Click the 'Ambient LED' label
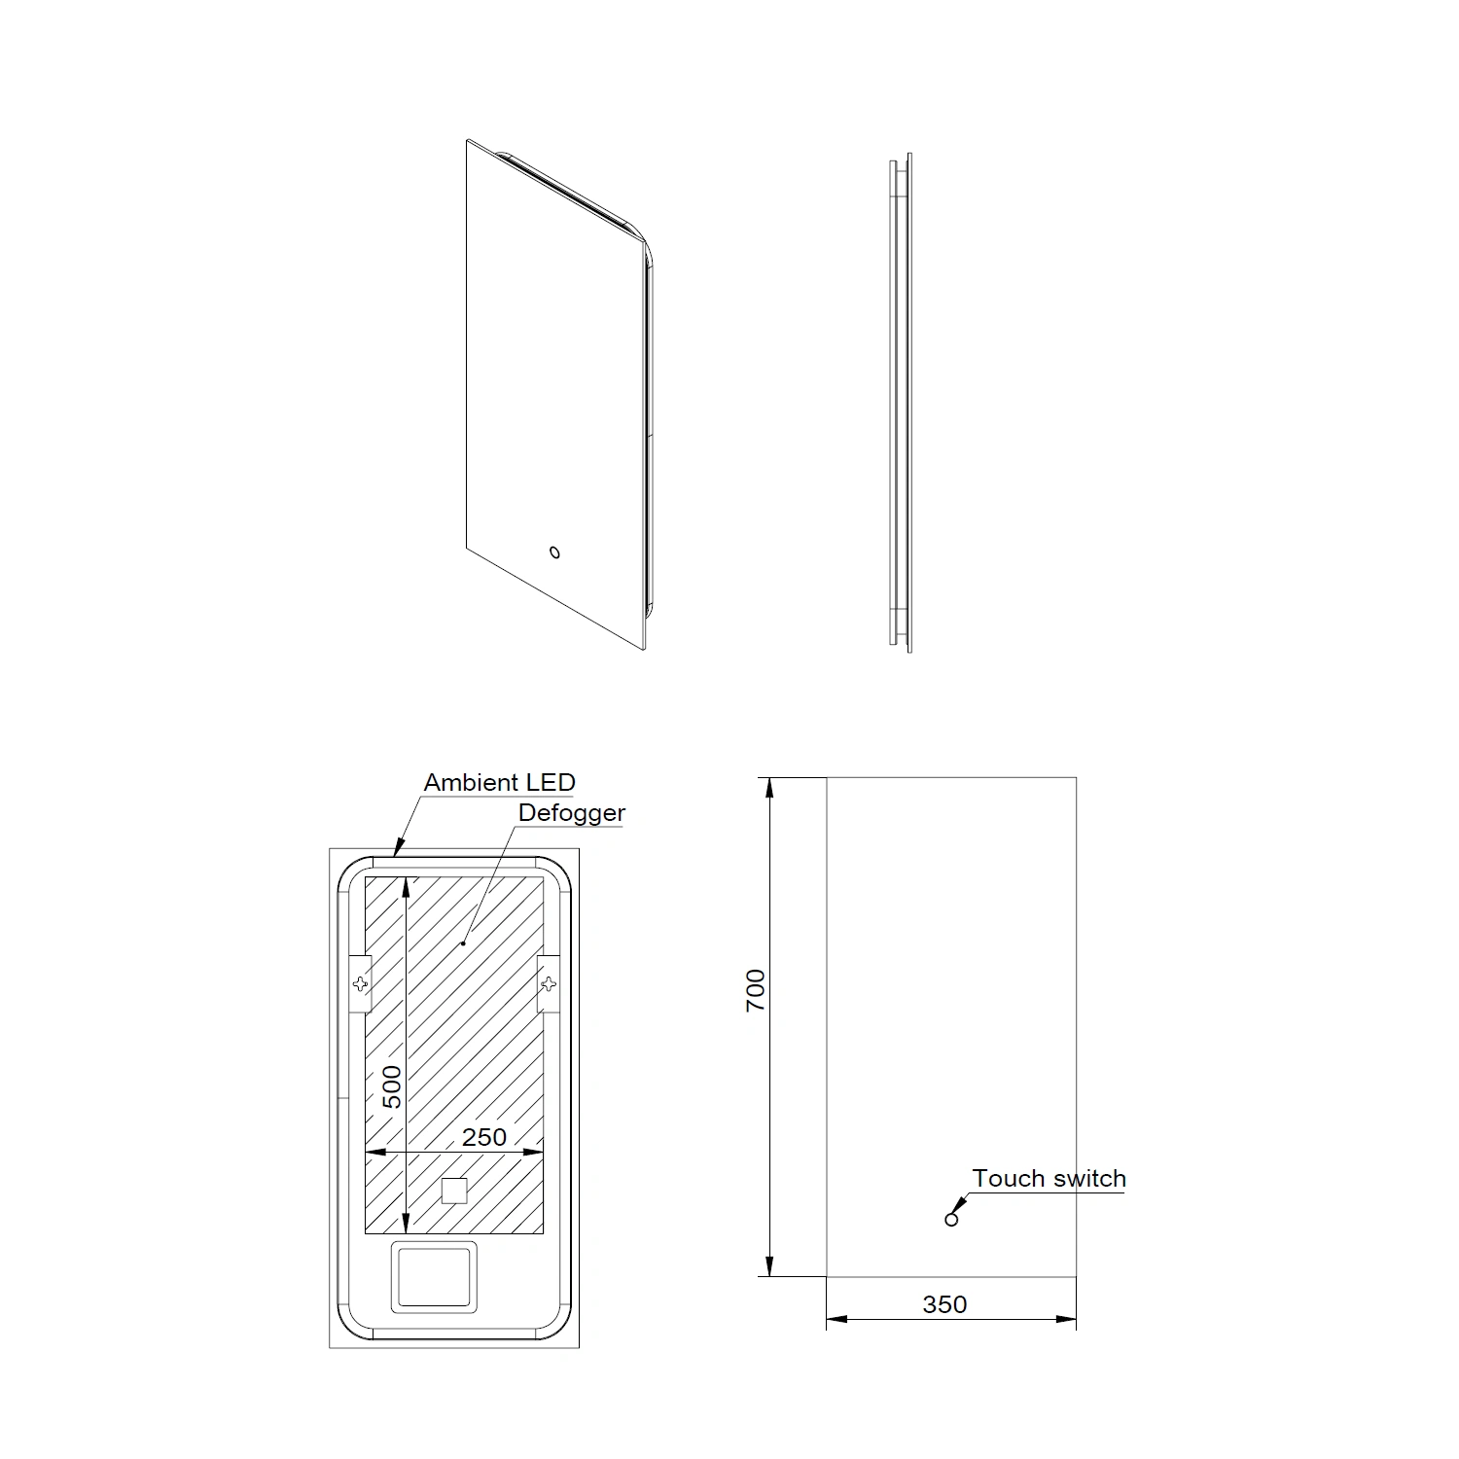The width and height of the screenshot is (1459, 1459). (499, 782)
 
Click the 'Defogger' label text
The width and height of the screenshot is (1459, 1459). (572, 813)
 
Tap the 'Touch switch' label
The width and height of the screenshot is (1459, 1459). (1049, 1179)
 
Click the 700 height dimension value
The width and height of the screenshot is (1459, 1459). (756, 990)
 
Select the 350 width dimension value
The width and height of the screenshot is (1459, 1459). (944, 1304)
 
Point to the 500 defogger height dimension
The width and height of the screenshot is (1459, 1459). (391, 1086)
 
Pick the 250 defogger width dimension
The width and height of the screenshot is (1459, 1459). (484, 1137)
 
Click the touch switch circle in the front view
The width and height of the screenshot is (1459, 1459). (951, 1220)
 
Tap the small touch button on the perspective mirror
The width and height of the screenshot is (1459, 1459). (554, 553)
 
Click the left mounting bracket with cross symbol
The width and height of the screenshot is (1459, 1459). (360, 983)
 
